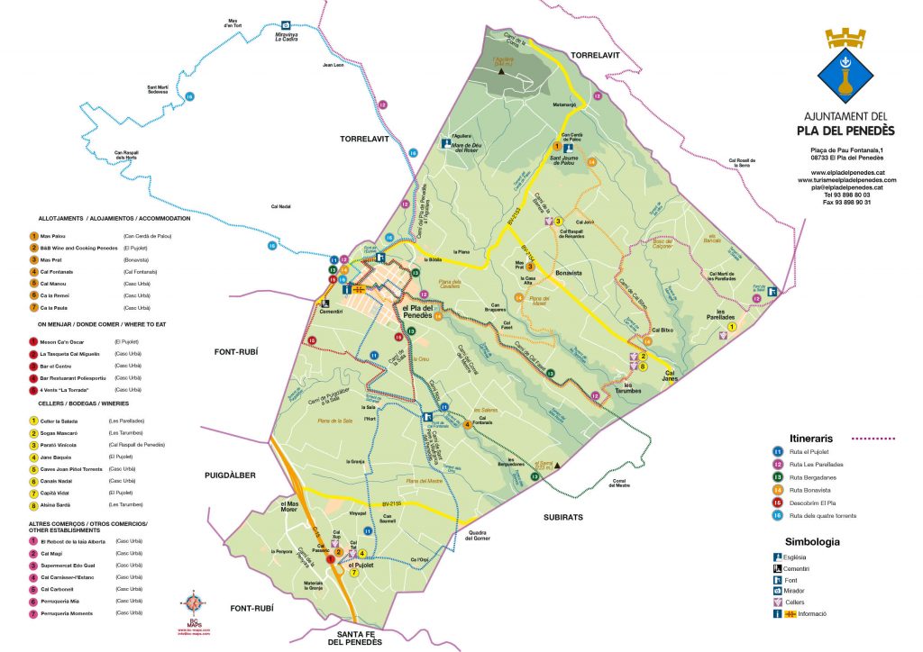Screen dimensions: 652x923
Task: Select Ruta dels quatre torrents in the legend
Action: (821, 515)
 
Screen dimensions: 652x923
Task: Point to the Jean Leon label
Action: (333, 65)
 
